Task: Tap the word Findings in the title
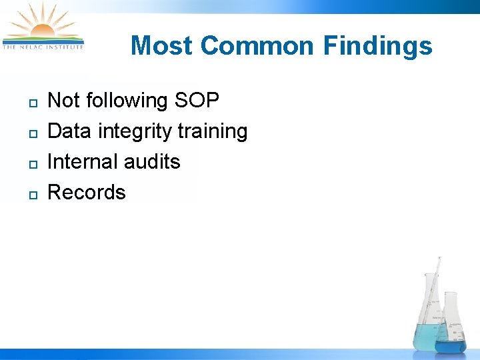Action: point(378,46)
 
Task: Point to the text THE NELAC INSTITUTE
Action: point(43,47)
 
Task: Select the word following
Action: point(128,101)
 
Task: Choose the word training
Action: point(213,131)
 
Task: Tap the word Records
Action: point(87,193)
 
